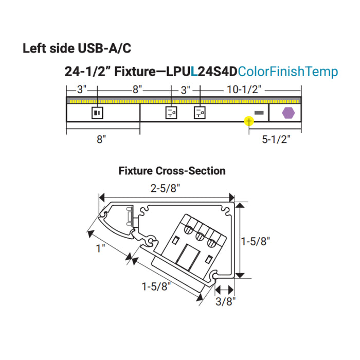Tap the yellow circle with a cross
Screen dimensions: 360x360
click(249, 121)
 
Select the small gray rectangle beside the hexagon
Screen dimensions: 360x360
click(259, 112)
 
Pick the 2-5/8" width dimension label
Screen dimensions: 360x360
click(166, 189)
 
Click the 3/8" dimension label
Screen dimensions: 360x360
click(225, 301)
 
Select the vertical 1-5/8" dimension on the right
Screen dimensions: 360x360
click(256, 240)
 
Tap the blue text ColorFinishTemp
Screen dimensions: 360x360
click(289, 71)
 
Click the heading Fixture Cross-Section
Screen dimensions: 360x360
click(172, 170)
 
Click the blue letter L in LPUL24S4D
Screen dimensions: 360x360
click(194, 71)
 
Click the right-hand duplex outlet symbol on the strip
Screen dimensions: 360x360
click(199, 112)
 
